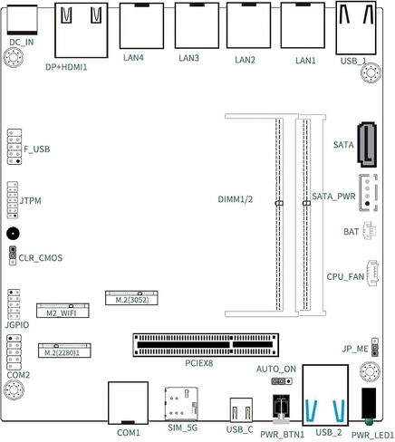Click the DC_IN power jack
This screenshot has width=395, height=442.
22,20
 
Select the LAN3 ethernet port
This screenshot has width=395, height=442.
197,25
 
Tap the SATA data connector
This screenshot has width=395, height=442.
367,145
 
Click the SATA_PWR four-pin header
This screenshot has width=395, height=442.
368,193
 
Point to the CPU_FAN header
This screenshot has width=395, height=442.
372,273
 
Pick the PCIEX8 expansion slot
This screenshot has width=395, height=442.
206,345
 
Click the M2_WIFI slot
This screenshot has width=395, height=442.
63,311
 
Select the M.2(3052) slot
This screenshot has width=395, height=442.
131,298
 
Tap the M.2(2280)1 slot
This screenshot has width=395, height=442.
64,351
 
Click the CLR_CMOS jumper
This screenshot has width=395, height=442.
13,255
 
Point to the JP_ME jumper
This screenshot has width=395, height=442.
375,347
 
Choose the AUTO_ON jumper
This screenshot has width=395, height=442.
282,381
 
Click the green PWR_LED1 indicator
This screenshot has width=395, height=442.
369,421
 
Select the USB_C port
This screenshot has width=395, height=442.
241,409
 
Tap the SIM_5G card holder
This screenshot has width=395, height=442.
181,404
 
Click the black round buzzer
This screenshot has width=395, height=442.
13,234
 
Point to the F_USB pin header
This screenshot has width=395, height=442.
14,147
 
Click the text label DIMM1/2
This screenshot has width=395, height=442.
236,199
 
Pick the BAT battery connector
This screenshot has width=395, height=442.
369,231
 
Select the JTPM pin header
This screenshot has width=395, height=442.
13,200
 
